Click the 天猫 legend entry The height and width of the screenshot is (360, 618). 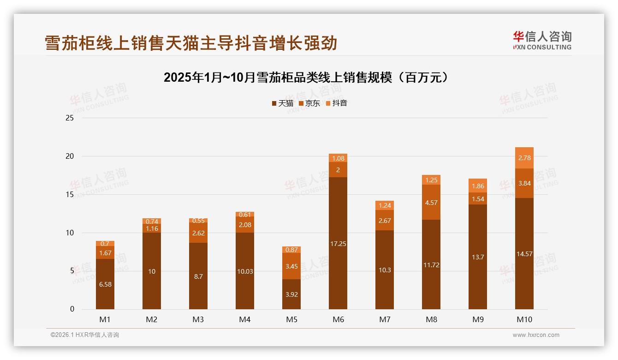pyautogui.click(x=282, y=103)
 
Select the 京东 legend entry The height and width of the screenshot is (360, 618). pyautogui.click(x=309, y=103)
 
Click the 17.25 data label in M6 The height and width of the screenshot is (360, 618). pyautogui.click(x=338, y=244)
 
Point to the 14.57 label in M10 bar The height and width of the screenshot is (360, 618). pyautogui.click(x=524, y=254)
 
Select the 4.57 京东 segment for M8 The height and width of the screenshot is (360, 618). pyautogui.click(x=431, y=203)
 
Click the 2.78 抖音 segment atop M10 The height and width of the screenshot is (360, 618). pyautogui.click(x=524, y=158)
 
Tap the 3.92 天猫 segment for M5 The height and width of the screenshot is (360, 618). pyautogui.click(x=291, y=294)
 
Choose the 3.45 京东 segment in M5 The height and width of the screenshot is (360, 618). pyautogui.click(x=291, y=266)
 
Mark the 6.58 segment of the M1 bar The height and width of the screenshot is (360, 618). pyautogui.click(x=105, y=284)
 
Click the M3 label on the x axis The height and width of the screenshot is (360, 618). pyautogui.click(x=198, y=319)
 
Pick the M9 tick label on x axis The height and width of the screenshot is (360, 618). pyautogui.click(x=478, y=319)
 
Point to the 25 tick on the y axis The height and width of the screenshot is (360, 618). pyautogui.click(x=70, y=118)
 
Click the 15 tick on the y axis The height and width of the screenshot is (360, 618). pyautogui.click(x=70, y=195)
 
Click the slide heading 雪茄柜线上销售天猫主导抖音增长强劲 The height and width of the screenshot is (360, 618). pyautogui.click(x=191, y=43)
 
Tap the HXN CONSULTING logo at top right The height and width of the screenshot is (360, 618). pyautogui.click(x=542, y=41)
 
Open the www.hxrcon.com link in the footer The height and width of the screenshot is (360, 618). pyautogui.click(x=536, y=335)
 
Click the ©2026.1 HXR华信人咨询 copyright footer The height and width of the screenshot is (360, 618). pyautogui.click(x=85, y=335)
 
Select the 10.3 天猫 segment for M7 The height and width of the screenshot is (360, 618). pyautogui.click(x=385, y=270)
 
